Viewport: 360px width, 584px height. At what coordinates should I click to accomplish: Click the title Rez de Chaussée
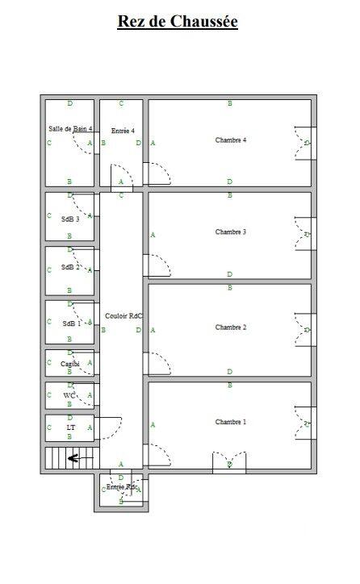coord(178,22)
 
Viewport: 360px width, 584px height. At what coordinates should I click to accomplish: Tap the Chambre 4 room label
coord(230,140)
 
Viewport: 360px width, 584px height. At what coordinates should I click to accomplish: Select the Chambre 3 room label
coord(230,232)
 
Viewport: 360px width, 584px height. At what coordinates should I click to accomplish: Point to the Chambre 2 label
coord(230,327)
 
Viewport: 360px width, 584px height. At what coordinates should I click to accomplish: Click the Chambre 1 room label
coord(230,423)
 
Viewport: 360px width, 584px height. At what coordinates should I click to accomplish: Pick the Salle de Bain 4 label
coord(70,129)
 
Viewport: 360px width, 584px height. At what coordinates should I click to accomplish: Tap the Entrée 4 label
coord(123,131)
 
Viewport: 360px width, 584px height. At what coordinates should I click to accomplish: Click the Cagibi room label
coord(70,364)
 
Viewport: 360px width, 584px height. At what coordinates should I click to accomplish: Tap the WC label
coord(69,395)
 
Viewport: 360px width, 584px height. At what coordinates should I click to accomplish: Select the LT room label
coord(70,428)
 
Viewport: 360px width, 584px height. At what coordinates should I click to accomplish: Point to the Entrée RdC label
coord(121,487)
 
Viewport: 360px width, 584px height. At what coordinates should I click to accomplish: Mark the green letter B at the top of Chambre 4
coord(230,103)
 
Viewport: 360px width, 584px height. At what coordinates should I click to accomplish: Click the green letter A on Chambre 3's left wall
coord(153,236)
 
